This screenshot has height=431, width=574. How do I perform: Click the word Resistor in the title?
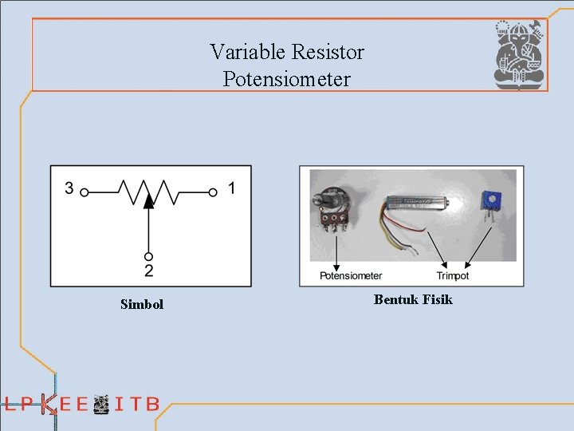[x=328, y=53]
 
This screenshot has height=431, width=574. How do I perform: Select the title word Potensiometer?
[x=286, y=80]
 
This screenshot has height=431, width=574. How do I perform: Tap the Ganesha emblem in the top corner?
[x=519, y=55]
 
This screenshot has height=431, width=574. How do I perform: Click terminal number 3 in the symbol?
[x=69, y=189]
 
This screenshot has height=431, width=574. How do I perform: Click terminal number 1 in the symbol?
[x=231, y=189]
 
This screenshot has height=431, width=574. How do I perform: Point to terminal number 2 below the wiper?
[x=149, y=271]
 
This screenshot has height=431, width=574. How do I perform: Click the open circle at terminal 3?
[x=84, y=192]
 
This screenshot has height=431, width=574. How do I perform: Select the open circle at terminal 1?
[x=213, y=192]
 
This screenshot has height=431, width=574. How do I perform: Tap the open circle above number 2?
[x=148, y=256]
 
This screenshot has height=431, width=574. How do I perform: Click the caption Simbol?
[x=142, y=304]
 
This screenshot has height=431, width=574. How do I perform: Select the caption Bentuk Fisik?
[x=413, y=300]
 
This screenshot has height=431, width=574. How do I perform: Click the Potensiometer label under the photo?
[x=351, y=276]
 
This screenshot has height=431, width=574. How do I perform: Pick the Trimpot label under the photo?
[x=452, y=276]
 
